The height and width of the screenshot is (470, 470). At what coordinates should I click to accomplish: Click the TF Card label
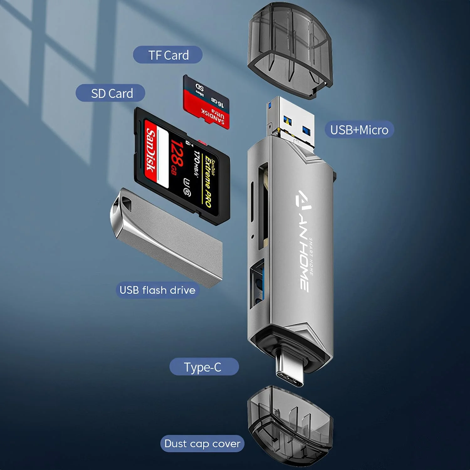pos(168,55)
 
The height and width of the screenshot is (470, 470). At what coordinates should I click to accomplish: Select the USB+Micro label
pos(359,130)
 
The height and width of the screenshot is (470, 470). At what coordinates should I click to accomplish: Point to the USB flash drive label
pos(157,290)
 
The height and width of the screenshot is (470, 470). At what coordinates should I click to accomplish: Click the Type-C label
pos(203,367)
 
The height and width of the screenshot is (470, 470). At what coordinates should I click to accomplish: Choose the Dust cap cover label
pos(202,444)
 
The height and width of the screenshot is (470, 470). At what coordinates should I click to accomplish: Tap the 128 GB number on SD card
pos(177,157)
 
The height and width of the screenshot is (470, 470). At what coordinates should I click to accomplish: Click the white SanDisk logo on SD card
pos(151,150)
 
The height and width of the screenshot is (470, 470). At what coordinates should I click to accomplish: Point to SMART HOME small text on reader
pos(311,257)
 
